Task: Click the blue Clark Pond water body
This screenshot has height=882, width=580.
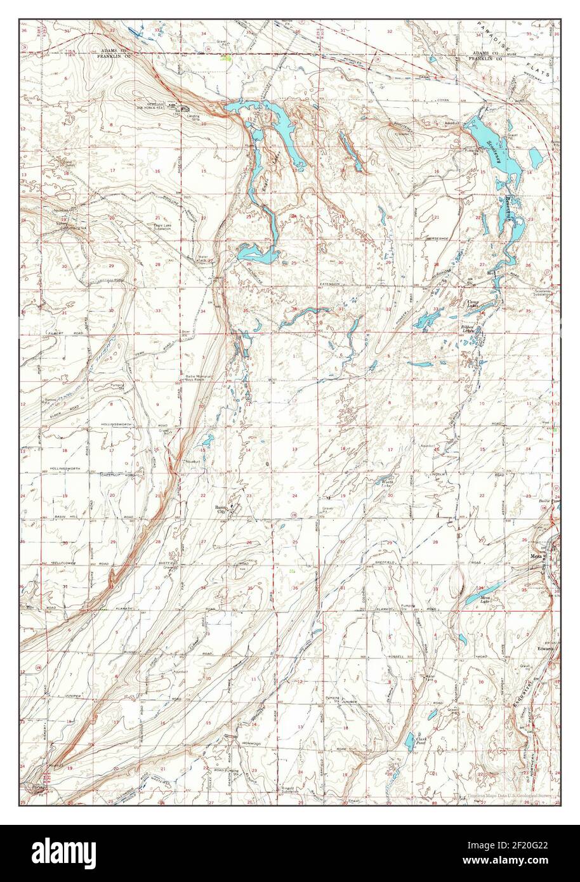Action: click(407, 742)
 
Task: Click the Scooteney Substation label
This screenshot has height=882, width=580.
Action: click(543, 293)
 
